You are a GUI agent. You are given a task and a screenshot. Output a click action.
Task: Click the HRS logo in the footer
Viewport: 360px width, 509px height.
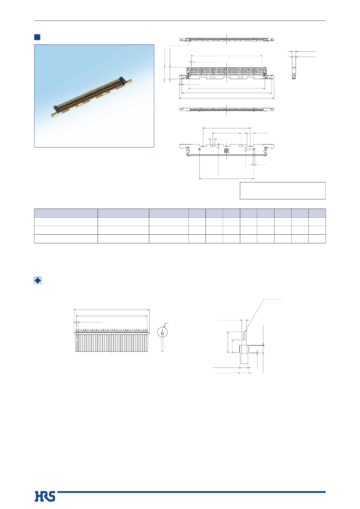(x=45, y=496)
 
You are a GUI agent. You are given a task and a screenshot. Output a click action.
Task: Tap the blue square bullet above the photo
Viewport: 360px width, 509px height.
(x=37, y=37)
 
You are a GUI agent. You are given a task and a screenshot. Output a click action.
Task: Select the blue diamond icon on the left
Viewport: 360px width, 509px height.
(x=38, y=280)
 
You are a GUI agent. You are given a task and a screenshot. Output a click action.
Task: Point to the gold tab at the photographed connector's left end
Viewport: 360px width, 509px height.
(x=54, y=114)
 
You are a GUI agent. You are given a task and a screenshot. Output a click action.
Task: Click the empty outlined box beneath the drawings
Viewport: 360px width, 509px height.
(x=283, y=191)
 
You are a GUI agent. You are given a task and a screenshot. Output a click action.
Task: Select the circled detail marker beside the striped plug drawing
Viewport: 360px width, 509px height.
(x=162, y=332)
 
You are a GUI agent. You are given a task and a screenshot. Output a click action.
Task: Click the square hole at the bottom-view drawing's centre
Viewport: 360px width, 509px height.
(x=227, y=151)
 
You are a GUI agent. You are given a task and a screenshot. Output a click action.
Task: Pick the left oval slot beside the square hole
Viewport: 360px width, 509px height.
(x=212, y=146)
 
